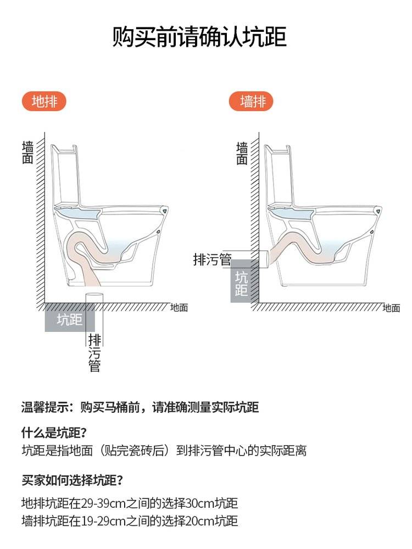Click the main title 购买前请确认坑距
point(199,36)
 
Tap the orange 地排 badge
point(44,102)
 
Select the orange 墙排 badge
point(251,102)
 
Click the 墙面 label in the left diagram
point(27,153)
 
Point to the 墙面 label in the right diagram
point(242,153)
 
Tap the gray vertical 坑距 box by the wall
point(241,281)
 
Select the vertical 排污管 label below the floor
point(94,353)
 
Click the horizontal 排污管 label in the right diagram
point(212,259)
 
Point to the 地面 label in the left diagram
point(179,308)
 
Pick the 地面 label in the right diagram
point(391,308)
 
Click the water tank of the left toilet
point(66,175)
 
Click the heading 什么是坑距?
point(54,432)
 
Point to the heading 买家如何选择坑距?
point(73,480)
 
